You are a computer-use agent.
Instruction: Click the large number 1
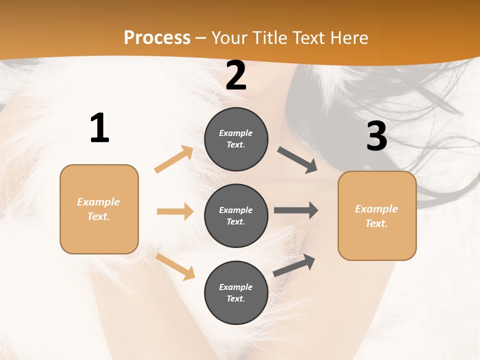[x=99, y=128]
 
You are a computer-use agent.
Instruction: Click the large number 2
[x=236, y=76]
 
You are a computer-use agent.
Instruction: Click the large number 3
[x=376, y=136]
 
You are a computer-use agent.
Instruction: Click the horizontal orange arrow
[x=175, y=211]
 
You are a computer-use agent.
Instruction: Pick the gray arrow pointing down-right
[x=297, y=160]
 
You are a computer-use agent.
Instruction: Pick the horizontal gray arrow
[x=296, y=210]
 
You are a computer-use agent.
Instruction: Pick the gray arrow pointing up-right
[x=294, y=265]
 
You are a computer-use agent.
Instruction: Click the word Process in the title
[x=157, y=37]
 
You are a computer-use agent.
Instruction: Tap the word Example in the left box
[x=98, y=202]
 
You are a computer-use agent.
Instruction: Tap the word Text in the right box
[x=376, y=223]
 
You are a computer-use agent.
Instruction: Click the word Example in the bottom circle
[x=235, y=287]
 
